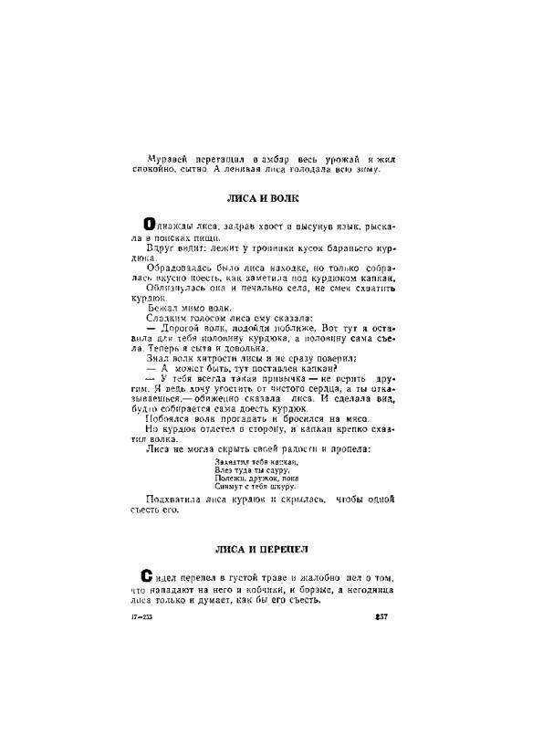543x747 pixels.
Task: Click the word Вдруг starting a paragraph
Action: coord(162,247)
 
